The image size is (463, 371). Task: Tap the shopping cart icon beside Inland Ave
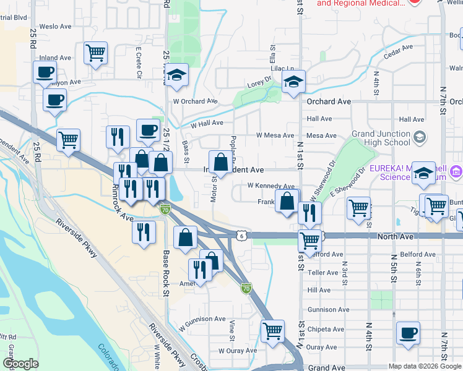[x=95, y=53]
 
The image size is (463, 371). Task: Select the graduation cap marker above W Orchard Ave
[x=177, y=76]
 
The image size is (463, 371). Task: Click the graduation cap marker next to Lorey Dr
[x=293, y=82]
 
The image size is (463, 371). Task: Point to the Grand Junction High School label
[x=381, y=138]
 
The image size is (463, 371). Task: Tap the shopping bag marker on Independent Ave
[x=220, y=163]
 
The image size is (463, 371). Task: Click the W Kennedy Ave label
[x=270, y=185]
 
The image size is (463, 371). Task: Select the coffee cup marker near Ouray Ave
[x=408, y=333]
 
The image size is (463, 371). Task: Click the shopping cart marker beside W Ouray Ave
[x=272, y=331]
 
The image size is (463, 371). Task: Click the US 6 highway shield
[x=243, y=235]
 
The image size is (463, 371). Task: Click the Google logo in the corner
[x=20, y=364]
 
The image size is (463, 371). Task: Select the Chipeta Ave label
[x=323, y=329]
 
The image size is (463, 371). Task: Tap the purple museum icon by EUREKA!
[x=457, y=171]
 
